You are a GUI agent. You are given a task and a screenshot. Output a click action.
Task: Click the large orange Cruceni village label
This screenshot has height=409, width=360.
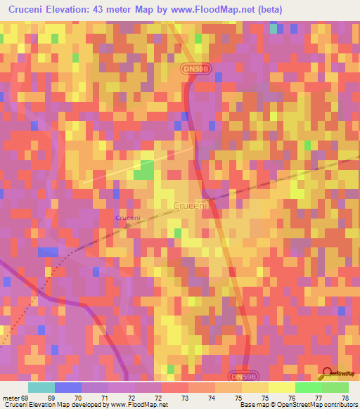191,205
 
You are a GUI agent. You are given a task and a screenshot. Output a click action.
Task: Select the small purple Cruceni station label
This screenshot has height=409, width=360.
128,219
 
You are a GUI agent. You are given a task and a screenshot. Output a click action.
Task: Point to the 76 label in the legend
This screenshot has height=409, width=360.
281,398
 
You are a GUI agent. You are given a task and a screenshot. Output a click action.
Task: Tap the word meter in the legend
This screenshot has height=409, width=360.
10,398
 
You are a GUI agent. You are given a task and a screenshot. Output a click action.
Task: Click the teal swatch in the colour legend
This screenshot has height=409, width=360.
41,387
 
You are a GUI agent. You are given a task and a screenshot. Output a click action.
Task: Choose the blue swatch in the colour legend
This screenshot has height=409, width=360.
68,387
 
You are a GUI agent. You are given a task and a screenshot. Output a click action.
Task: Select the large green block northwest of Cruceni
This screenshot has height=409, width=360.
146,169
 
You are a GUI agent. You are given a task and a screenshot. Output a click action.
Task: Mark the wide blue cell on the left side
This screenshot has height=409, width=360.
49,252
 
